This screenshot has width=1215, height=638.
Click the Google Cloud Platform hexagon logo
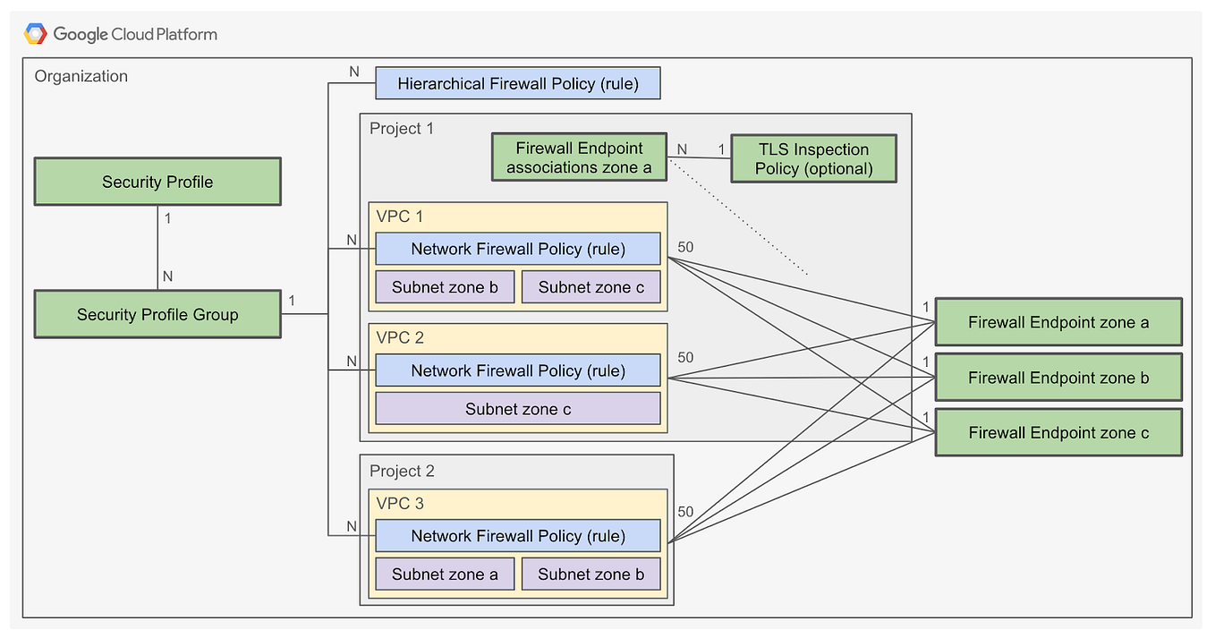point(36,34)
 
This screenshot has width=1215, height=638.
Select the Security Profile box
point(157,182)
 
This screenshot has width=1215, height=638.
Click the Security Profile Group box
point(157,314)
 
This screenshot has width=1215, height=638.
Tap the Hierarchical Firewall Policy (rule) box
point(517,83)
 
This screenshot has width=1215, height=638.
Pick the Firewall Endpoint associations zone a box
point(579,157)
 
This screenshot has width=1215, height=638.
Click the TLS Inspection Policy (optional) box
point(812,158)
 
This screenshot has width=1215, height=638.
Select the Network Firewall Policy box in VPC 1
point(517,249)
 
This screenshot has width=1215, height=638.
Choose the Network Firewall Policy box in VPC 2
point(517,370)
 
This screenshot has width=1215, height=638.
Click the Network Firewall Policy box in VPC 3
point(517,536)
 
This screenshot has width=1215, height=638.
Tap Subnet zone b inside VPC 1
point(445,287)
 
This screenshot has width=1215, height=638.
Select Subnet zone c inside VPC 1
point(591,287)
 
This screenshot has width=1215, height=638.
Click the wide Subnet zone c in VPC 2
point(517,409)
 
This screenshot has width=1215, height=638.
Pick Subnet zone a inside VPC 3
point(445,574)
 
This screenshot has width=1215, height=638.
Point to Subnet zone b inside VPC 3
point(591,574)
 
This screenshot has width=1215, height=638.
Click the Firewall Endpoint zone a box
point(1058,322)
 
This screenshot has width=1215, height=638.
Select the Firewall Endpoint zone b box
point(1058,378)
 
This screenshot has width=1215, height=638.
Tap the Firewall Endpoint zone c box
point(1058,432)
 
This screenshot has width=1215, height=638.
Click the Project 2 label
point(402,471)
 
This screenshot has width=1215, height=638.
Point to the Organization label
point(81,76)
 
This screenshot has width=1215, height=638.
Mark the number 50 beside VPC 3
point(685,512)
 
